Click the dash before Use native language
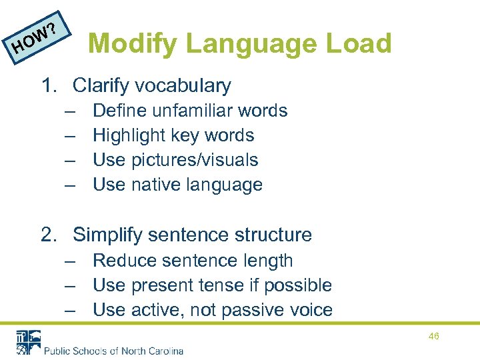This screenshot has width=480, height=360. (x=70, y=185)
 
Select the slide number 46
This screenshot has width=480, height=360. (x=434, y=337)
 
